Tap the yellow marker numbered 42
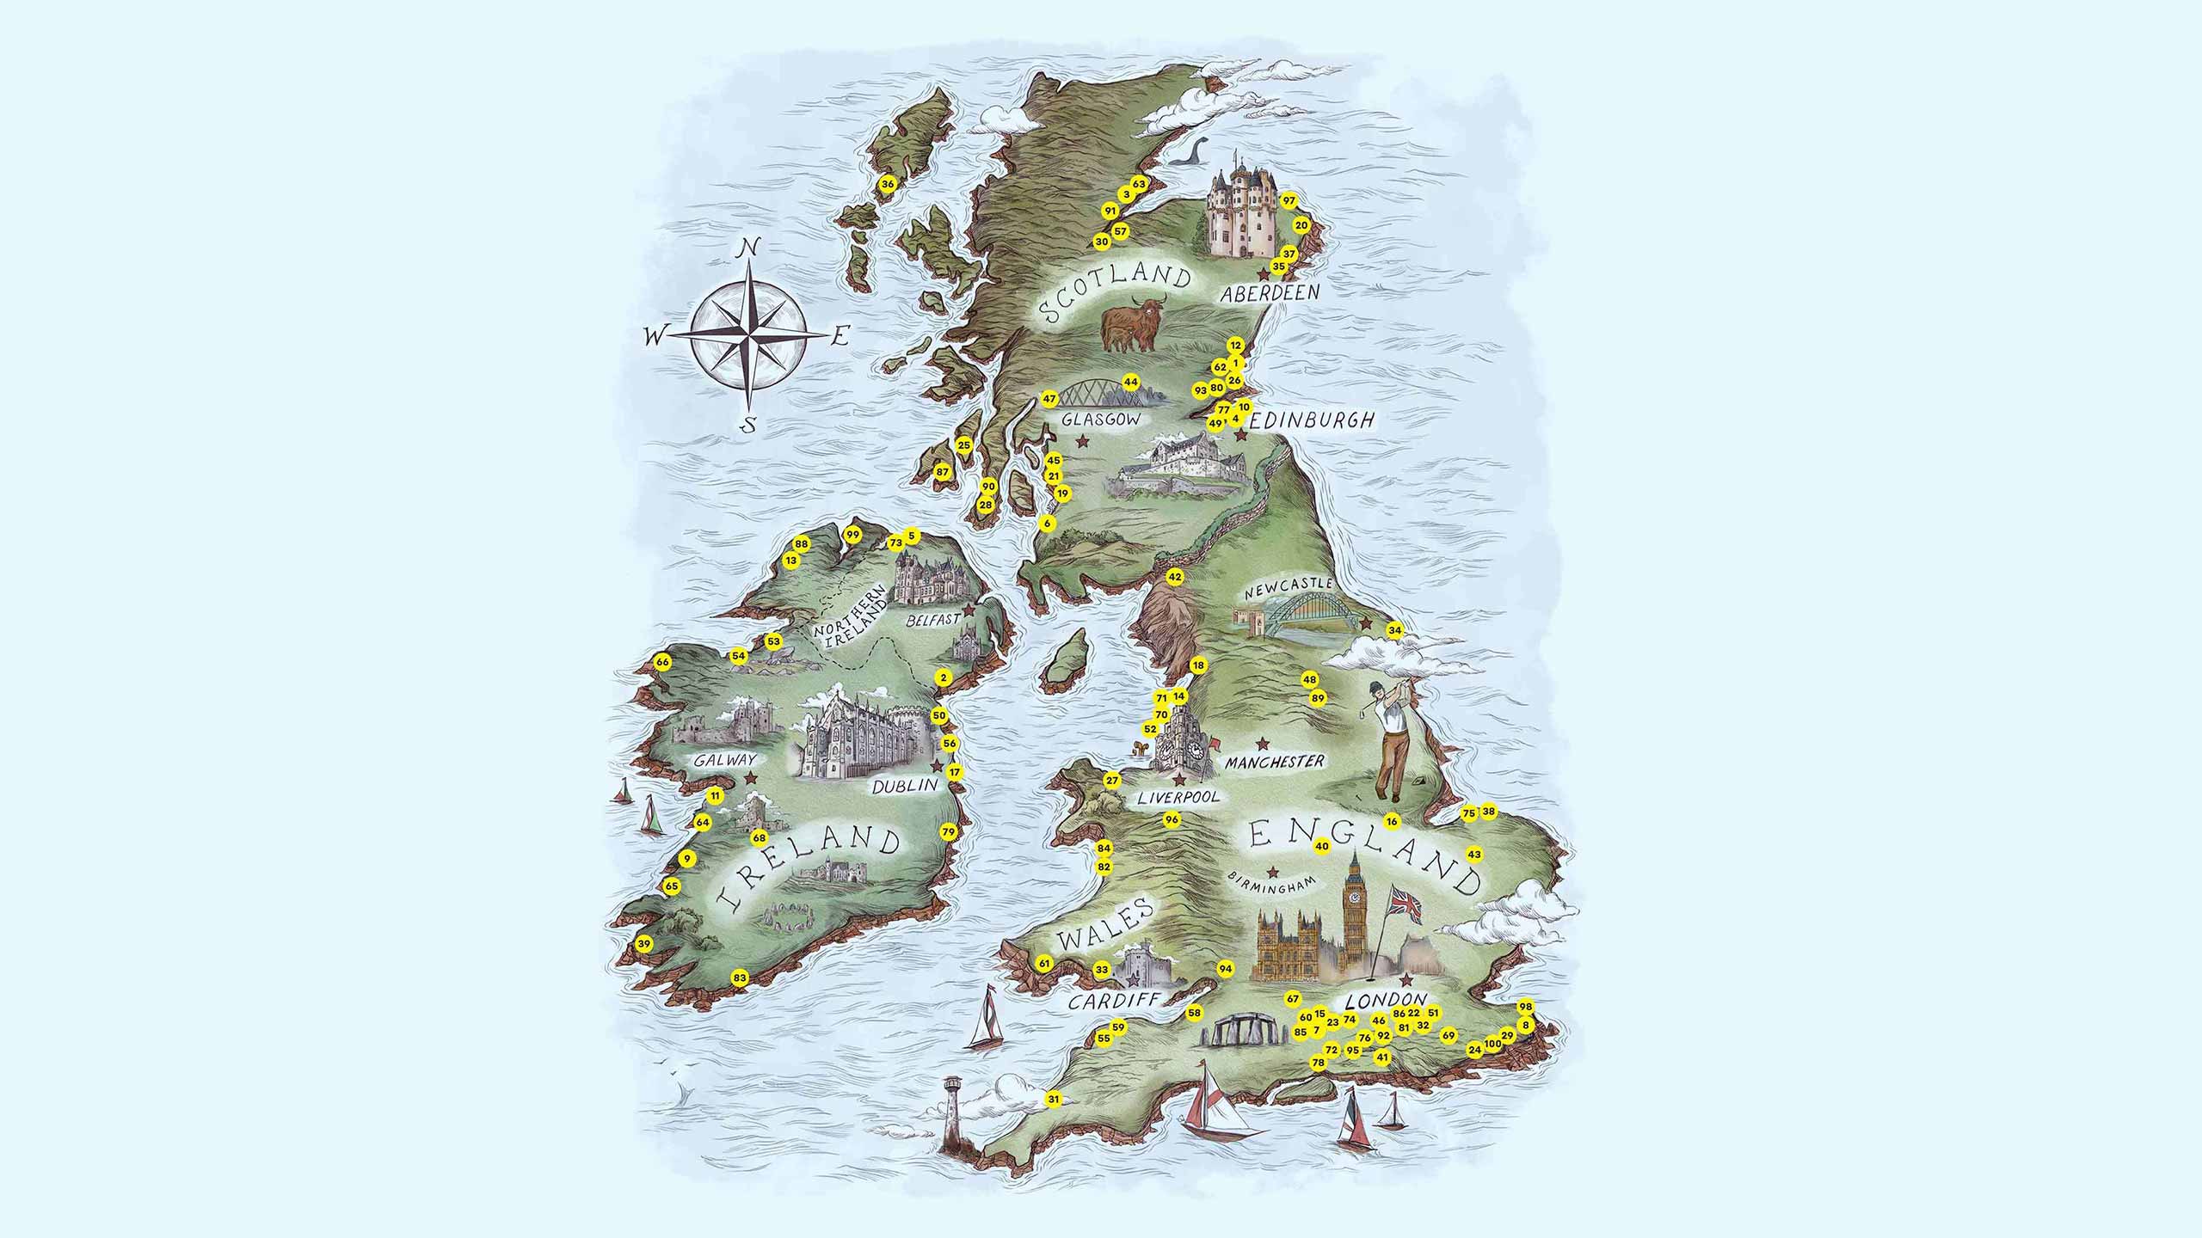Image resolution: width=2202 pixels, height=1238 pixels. [1174, 576]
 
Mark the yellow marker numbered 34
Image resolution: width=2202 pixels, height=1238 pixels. [1394, 630]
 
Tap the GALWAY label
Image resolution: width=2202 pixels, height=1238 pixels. [728, 760]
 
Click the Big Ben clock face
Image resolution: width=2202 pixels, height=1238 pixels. [1356, 896]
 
